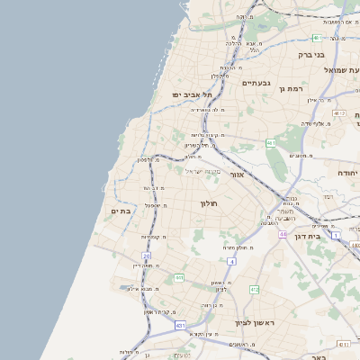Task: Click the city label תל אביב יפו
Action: (193, 94)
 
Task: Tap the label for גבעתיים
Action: (256, 83)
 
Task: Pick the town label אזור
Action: (238, 175)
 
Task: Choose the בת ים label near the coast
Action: (121, 211)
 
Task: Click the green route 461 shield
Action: (271, 143)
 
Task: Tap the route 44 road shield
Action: (282, 234)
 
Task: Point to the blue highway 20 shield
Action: (147, 256)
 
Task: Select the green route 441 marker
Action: (180, 277)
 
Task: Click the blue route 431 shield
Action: (181, 325)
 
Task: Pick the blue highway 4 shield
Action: (231, 261)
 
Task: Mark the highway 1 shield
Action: (336, 235)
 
